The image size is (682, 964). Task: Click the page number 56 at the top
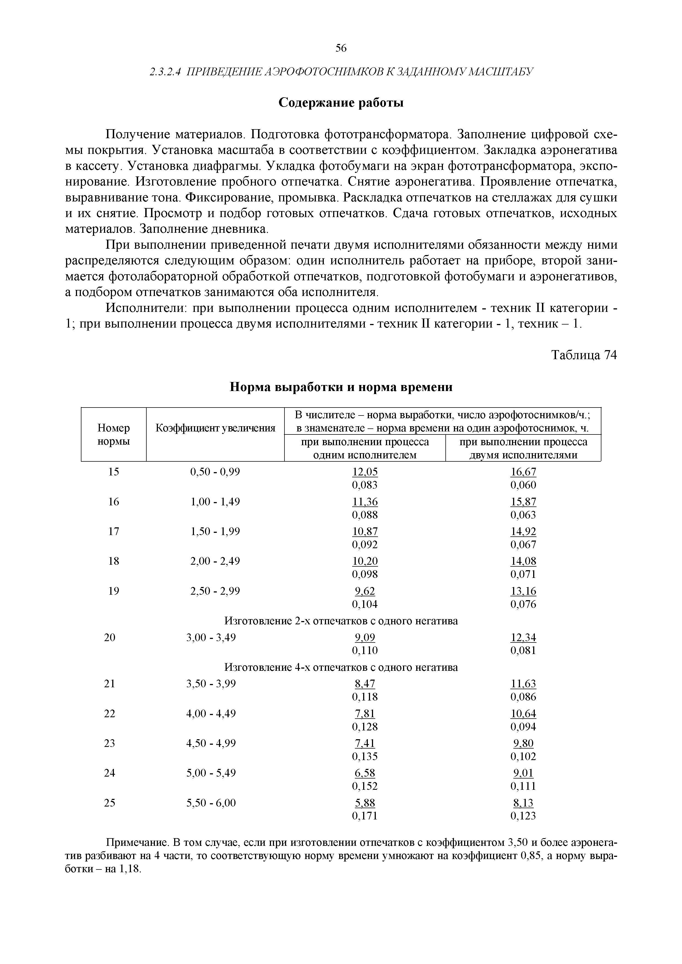[x=341, y=49]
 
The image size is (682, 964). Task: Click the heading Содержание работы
[x=341, y=103]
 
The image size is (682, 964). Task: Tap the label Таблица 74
[x=584, y=355]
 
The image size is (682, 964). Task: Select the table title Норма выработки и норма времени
[x=341, y=387]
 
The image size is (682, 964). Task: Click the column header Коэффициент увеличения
[x=215, y=428]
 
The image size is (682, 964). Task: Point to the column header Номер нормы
[x=113, y=434]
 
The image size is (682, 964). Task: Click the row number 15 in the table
[x=113, y=472]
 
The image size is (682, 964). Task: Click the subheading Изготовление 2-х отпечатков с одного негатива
[x=341, y=620]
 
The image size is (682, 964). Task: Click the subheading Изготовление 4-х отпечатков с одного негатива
[x=341, y=667]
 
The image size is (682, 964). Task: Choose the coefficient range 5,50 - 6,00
[x=211, y=803]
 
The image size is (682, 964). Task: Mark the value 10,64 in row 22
[x=523, y=714]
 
